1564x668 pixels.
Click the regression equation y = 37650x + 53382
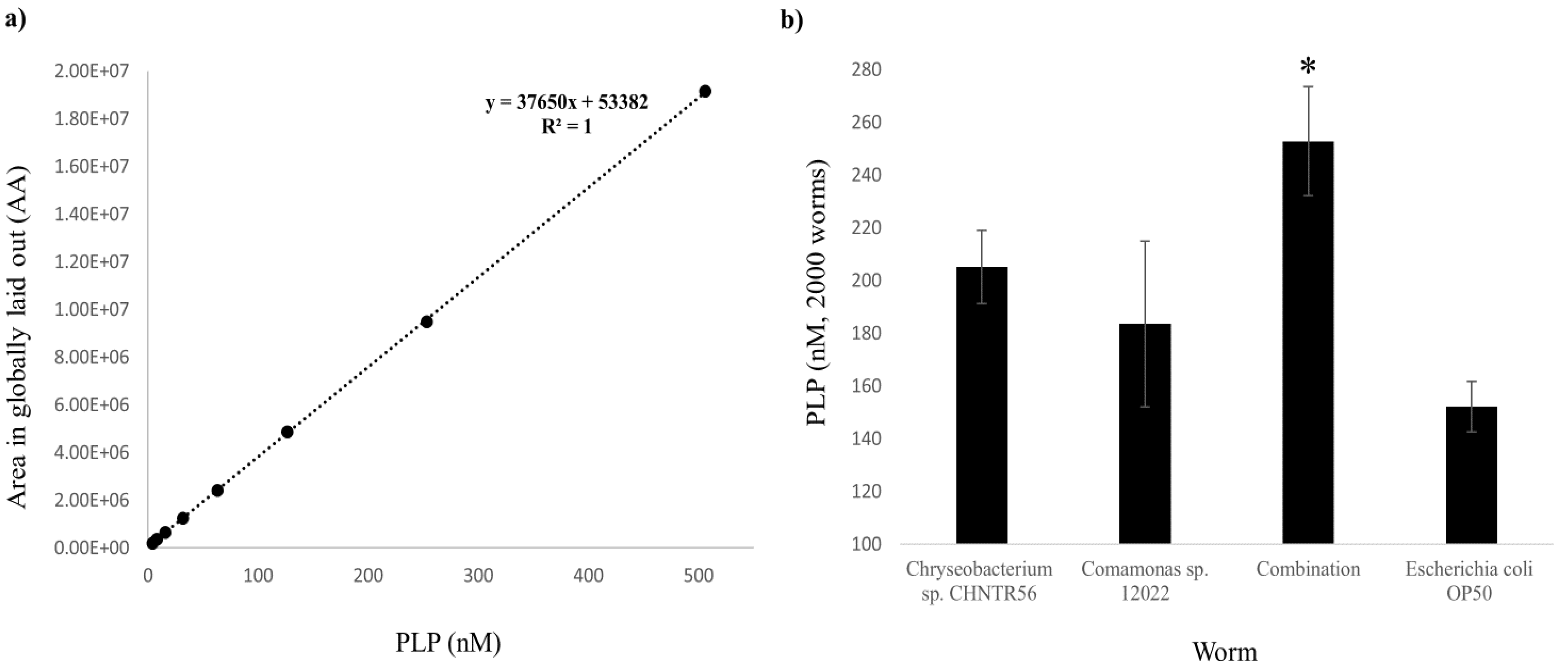coord(567,103)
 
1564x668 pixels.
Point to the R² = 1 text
coord(567,127)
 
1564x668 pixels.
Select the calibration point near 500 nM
coord(705,91)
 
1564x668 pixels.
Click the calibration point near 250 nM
coord(426,321)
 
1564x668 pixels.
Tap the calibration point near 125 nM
coord(287,432)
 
